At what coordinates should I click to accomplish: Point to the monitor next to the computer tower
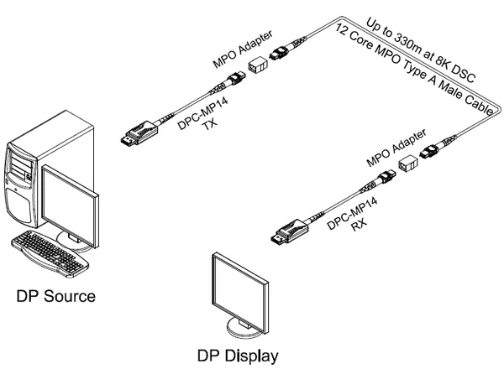72,201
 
